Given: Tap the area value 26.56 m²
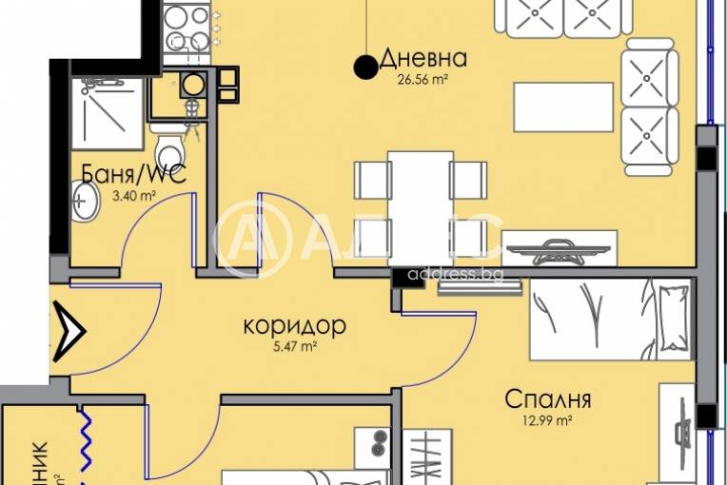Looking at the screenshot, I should [x=422, y=81].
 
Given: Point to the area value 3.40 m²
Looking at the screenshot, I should [x=135, y=196].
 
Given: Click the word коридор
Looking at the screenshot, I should [x=294, y=326].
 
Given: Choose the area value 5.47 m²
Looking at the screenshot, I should [x=294, y=348].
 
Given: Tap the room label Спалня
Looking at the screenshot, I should [x=549, y=398].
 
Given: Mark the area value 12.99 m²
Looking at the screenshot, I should [x=550, y=419].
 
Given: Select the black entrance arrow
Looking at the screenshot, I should [x=72, y=329].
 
